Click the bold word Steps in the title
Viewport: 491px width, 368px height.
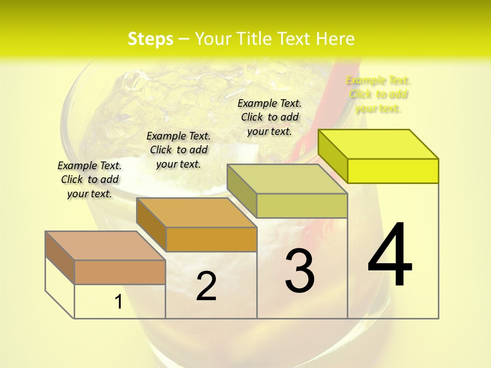(x=150, y=39)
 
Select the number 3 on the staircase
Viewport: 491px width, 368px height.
(x=300, y=271)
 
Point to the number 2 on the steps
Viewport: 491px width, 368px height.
(x=206, y=286)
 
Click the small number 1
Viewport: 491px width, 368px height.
(x=119, y=302)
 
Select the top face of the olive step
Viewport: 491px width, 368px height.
(x=287, y=179)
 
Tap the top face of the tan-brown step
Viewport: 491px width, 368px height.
(x=105, y=246)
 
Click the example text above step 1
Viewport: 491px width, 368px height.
(x=90, y=179)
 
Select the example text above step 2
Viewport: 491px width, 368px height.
(x=178, y=150)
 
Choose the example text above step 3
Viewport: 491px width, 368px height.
(x=270, y=117)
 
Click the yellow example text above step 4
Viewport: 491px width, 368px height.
(x=378, y=94)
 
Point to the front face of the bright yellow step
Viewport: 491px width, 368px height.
(x=393, y=171)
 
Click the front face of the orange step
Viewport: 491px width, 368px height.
(x=211, y=239)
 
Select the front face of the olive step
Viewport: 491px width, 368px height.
(x=302, y=205)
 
